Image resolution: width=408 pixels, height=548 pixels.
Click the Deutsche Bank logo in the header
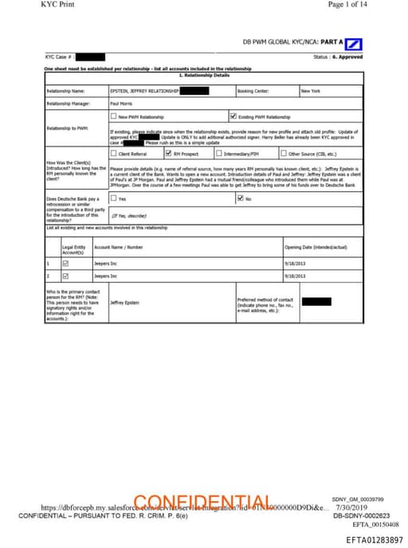[x=355, y=43]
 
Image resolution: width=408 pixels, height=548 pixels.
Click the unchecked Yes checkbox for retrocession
[x=113, y=198]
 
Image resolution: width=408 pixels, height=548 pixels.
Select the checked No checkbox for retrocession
[x=241, y=198]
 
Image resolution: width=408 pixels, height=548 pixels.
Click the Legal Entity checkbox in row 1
[x=66, y=263]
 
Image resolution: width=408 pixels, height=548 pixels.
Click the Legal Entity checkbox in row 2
[x=66, y=276]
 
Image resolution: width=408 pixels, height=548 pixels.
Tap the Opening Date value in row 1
[x=295, y=263]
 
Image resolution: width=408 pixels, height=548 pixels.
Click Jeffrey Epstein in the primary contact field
[x=124, y=303]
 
